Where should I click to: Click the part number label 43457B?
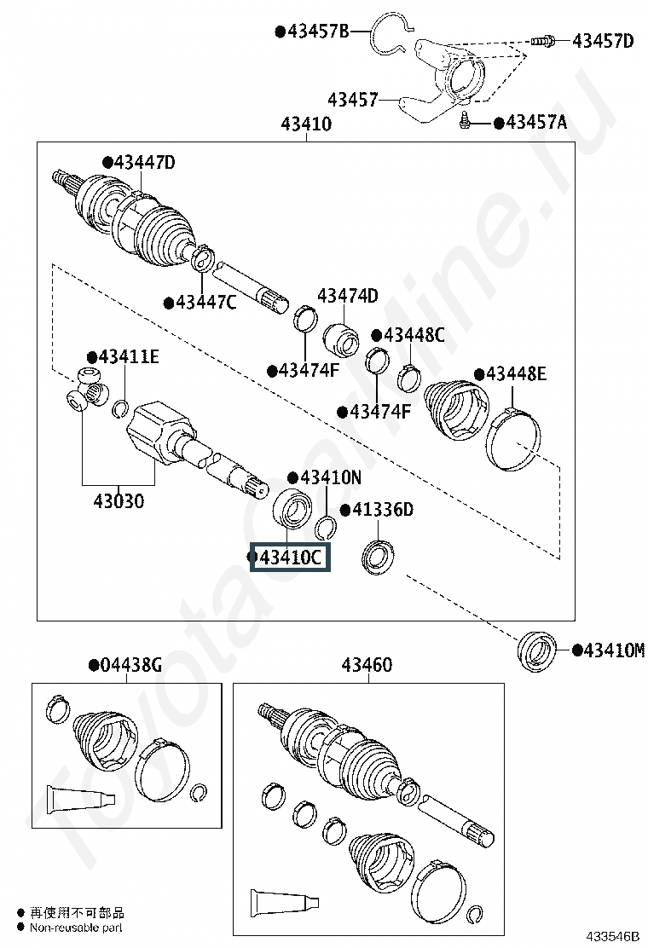tap(318, 32)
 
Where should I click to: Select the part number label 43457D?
tap(603, 40)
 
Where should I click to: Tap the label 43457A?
tap(536, 123)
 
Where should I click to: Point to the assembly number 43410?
tap(306, 124)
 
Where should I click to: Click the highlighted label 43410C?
tap(290, 558)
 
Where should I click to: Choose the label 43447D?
tap(144, 162)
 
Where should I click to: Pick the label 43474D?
tap(348, 296)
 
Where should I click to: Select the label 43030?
tap(119, 500)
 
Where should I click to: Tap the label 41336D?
tap(383, 510)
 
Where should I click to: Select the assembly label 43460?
tap(367, 665)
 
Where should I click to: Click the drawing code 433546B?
tap(610, 936)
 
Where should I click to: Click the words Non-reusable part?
tap(76, 927)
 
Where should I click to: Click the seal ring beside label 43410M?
tap(537, 652)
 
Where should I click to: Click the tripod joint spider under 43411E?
tap(86, 392)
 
